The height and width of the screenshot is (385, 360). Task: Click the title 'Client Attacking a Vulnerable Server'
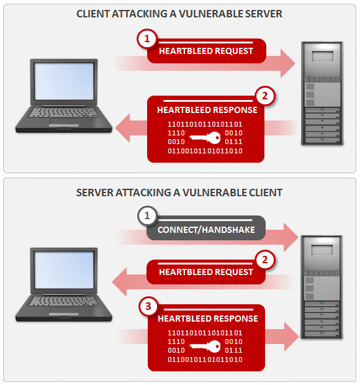[179, 14]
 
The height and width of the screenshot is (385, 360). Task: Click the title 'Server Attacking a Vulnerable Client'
[179, 192]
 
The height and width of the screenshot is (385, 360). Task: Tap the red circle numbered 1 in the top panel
[147, 39]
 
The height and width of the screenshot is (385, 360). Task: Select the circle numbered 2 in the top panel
[265, 96]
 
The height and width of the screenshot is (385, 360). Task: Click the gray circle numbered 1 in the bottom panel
[147, 216]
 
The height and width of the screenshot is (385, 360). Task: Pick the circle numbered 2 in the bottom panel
[265, 260]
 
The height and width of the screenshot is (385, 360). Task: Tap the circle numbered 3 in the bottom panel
[147, 306]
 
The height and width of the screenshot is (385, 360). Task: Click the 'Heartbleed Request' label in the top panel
[206, 52]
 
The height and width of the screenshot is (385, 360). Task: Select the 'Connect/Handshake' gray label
[205, 229]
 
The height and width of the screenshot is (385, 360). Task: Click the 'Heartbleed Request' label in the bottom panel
[206, 272]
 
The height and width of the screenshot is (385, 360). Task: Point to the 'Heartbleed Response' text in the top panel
[207, 110]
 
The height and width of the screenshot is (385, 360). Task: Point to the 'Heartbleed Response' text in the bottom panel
[207, 319]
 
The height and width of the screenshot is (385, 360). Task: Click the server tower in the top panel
[322, 93]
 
